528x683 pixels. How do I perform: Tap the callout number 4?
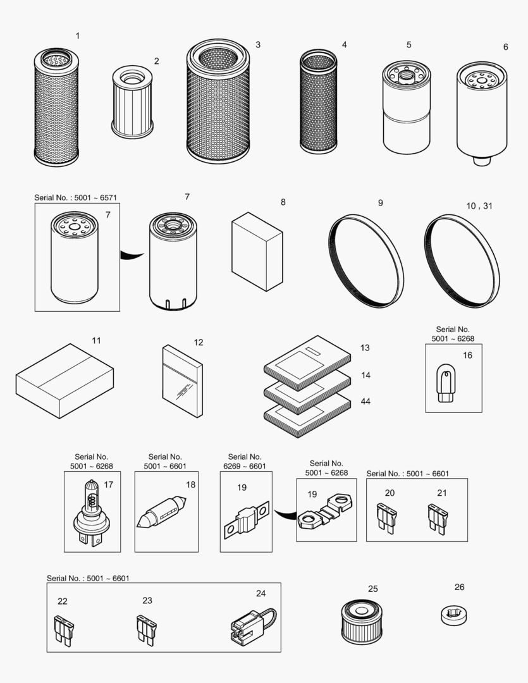(344, 45)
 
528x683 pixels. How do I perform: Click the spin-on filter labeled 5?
(406, 108)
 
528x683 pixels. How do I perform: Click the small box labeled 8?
(257, 251)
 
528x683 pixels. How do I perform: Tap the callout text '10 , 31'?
(479, 206)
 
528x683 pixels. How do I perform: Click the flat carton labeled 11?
(64, 381)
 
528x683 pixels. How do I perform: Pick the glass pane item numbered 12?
(182, 382)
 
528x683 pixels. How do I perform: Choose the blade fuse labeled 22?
(64, 631)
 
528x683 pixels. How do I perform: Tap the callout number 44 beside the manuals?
(365, 402)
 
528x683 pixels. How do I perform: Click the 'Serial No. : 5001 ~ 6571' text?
(75, 198)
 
